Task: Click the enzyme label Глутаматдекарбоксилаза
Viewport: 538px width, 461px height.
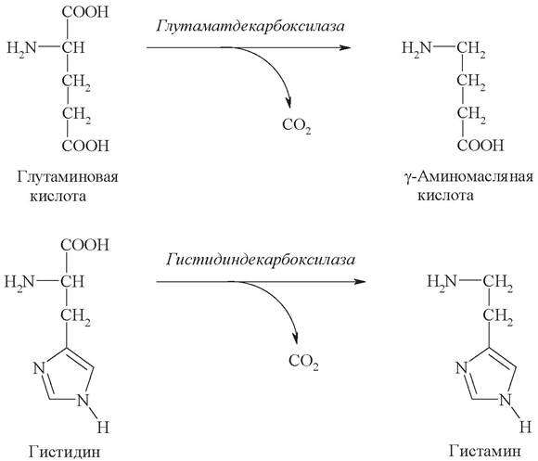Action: (x=250, y=27)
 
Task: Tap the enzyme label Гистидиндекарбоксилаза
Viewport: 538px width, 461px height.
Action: (x=261, y=260)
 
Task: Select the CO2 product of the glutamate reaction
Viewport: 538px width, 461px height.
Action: (x=297, y=125)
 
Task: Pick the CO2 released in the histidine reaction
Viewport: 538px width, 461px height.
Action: (x=303, y=362)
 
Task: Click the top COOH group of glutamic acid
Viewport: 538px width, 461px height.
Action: (x=85, y=12)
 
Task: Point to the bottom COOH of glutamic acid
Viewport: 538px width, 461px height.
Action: (x=85, y=146)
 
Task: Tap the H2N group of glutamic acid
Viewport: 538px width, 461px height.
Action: (x=21, y=48)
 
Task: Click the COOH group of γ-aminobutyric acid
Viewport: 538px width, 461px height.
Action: (x=480, y=146)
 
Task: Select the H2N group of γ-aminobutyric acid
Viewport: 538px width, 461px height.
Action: (x=416, y=47)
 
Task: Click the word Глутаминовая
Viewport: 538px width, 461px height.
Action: (x=67, y=177)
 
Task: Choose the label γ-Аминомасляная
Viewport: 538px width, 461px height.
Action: (x=469, y=177)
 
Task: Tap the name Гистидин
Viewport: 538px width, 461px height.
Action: (x=65, y=452)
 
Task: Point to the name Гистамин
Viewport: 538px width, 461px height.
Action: (x=485, y=451)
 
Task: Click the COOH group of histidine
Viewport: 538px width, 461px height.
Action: (x=84, y=245)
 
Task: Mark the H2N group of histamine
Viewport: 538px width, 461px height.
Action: (x=442, y=282)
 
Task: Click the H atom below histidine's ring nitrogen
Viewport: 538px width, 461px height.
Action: (x=103, y=428)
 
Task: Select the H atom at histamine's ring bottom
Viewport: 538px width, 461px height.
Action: (x=525, y=428)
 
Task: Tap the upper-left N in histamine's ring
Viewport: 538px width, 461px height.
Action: (x=462, y=368)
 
